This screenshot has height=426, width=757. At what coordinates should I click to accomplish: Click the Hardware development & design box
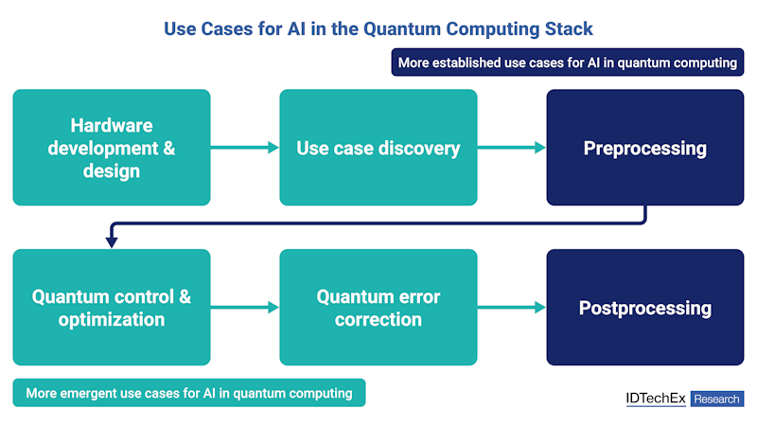point(112,148)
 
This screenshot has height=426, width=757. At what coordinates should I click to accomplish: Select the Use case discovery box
point(378,148)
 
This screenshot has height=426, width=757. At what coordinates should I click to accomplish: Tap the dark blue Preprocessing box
point(645,148)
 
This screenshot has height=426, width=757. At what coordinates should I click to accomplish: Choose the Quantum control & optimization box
point(112,308)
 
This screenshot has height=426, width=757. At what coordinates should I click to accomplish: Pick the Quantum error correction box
point(378,308)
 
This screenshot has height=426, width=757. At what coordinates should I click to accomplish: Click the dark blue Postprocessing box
point(645,308)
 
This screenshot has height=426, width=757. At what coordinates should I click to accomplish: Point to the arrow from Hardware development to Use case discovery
point(244,148)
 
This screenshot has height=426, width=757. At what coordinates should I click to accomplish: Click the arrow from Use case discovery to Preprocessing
point(512,148)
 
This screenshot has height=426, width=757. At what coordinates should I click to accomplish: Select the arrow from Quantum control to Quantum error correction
point(244,308)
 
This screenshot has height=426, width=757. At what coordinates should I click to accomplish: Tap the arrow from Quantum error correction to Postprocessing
point(512,308)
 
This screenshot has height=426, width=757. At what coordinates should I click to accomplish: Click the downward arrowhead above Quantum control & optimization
point(112,242)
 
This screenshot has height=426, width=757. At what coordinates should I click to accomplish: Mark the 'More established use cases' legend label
point(567,62)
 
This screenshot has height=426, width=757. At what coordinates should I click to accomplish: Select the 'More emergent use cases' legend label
point(189,393)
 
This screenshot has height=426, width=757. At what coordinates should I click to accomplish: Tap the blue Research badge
point(717,399)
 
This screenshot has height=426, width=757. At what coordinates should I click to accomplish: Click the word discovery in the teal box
point(418,148)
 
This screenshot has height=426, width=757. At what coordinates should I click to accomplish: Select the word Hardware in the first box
point(112,126)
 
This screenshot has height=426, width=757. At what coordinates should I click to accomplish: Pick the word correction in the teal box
point(378,319)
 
